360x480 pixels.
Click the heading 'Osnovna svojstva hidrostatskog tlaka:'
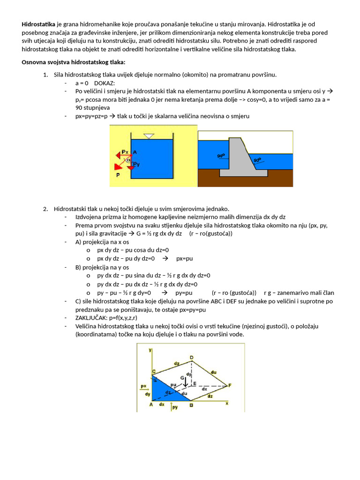74,62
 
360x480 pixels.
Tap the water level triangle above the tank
149,136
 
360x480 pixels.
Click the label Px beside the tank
125,151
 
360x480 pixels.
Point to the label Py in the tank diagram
136,164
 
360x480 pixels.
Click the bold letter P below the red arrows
118,174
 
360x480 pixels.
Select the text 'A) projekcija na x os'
105,241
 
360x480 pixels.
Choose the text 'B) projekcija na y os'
105,267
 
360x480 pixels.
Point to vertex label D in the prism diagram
192,358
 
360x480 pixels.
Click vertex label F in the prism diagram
230,385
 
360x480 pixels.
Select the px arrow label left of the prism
143,386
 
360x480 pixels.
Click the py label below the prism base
175,408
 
